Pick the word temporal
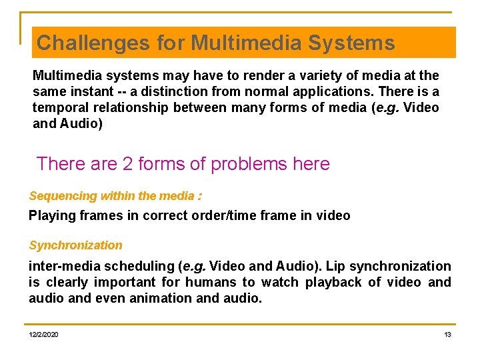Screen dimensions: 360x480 tap(61, 108)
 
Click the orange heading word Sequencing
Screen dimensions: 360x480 tap(62, 196)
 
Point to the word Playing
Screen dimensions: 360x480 tap(51, 215)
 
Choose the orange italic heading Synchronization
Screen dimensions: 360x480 tap(75, 245)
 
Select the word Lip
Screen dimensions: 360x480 tap(337, 266)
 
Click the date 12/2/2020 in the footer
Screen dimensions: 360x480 tap(43, 334)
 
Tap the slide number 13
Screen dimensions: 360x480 tap(447, 334)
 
